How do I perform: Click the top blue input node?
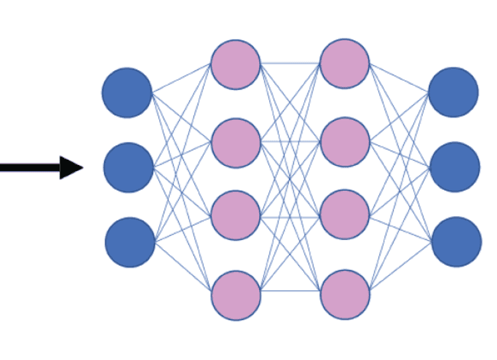(x=127, y=93)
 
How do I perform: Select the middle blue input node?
(x=129, y=167)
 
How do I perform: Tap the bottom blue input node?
(x=130, y=242)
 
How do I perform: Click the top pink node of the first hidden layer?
(x=236, y=64)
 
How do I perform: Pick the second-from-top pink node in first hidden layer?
(x=236, y=142)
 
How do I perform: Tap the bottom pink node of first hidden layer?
(x=237, y=294)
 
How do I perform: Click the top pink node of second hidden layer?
(x=344, y=64)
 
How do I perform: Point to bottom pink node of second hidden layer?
(x=344, y=294)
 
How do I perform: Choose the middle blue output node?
(x=455, y=166)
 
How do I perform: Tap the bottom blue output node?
(x=457, y=241)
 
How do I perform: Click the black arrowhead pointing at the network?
(x=70, y=167)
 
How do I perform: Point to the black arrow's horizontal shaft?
(x=30, y=167)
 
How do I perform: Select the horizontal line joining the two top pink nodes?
(x=290, y=64)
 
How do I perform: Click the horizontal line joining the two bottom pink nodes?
(x=290, y=290)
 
